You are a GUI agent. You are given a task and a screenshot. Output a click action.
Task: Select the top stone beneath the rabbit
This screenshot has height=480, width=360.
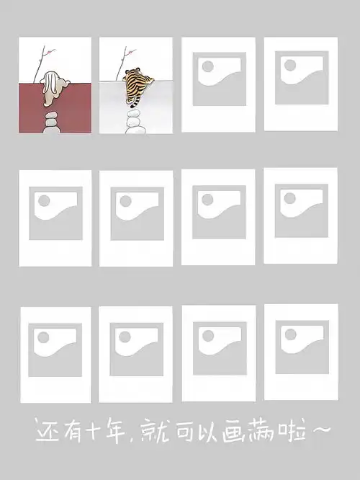click(51, 115)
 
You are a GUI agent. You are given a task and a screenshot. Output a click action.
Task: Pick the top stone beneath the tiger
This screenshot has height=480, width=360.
click(133, 113)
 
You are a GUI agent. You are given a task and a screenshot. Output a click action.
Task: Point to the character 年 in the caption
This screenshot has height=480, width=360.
click(115, 431)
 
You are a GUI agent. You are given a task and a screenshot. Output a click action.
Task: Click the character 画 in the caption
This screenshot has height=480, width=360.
click(233, 431)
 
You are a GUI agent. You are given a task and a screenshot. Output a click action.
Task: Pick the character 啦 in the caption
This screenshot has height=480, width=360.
click(292, 431)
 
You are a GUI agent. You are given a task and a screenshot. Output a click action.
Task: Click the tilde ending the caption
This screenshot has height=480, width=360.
click(320, 430)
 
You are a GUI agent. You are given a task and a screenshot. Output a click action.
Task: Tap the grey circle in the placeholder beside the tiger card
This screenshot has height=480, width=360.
click(208, 66)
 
